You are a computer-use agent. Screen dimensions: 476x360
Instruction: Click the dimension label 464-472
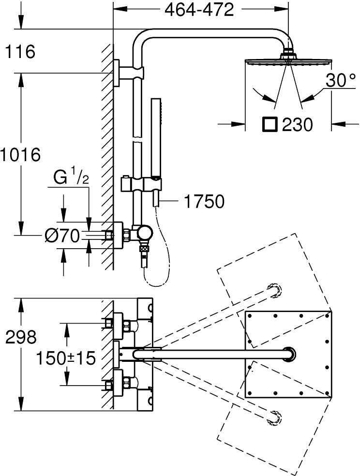(x=199, y=9)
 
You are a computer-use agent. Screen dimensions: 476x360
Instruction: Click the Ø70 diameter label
(x=62, y=236)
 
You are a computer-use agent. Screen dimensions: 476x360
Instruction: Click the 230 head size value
(x=297, y=125)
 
